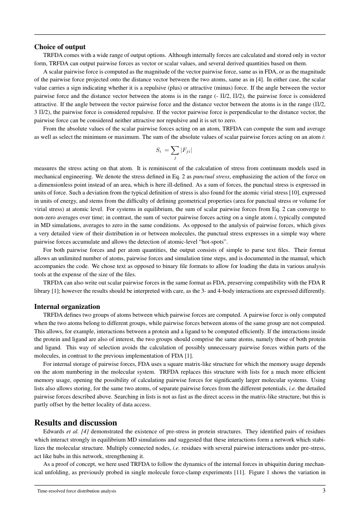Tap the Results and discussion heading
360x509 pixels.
tap(75, 422)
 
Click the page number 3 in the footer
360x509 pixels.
tap(324, 491)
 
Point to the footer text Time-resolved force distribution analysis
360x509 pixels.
tap(76, 491)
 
